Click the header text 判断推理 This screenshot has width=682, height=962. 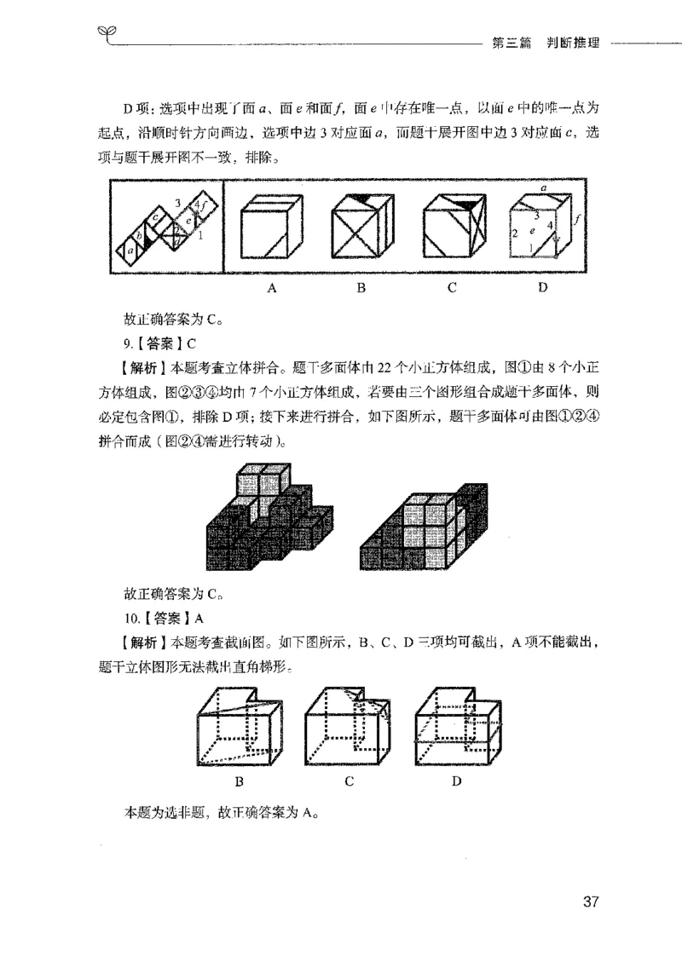tap(570, 43)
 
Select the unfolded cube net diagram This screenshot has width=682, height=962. tap(166, 227)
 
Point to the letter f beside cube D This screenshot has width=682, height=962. tap(577, 219)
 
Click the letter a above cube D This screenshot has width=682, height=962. tap(543, 183)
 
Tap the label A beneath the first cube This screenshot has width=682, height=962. tap(272, 288)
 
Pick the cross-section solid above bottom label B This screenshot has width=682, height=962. tap(240, 725)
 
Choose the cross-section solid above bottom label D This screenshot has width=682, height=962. tap(456, 725)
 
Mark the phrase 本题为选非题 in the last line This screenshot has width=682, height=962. tap(166, 812)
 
